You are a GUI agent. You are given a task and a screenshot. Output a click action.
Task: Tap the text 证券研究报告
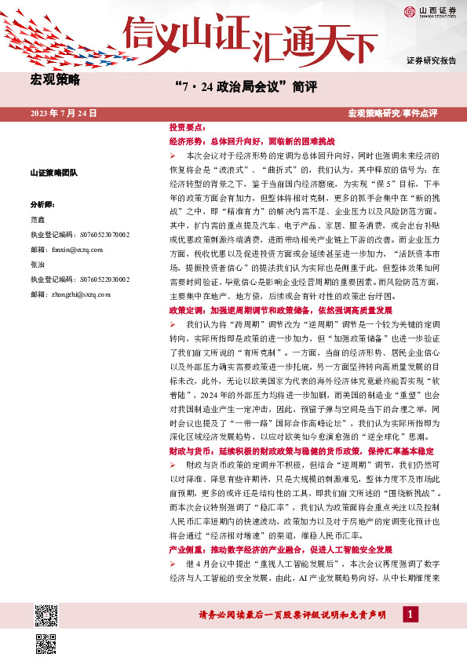[431, 60]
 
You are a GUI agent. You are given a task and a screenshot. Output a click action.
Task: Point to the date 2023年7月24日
[64, 114]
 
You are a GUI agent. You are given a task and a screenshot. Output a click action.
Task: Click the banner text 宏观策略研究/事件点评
[402, 114]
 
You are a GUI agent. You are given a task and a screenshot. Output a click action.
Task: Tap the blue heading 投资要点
[187, 126]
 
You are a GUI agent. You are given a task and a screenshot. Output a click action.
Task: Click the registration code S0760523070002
[81, 234]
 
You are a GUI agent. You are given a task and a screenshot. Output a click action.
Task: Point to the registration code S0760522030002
[81, 279]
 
